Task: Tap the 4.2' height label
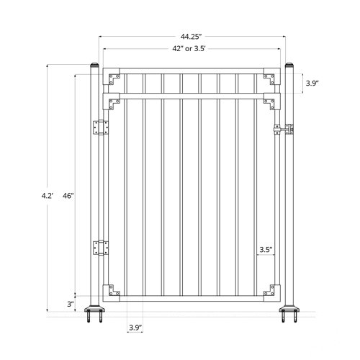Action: (x=47, y=195)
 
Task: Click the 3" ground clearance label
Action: (x=71, y=303)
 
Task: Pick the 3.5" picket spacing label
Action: (x=265, y=251)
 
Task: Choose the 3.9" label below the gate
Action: (x=135, y=328)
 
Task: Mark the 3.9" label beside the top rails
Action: (x=312, y=84)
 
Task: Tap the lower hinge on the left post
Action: (x=100, y=248)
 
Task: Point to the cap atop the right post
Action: (x=289, y=67)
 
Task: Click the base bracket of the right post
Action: (x=289, y=315)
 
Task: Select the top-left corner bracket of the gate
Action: (x=113, y=76)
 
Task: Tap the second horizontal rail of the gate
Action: (x=191, y=94)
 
